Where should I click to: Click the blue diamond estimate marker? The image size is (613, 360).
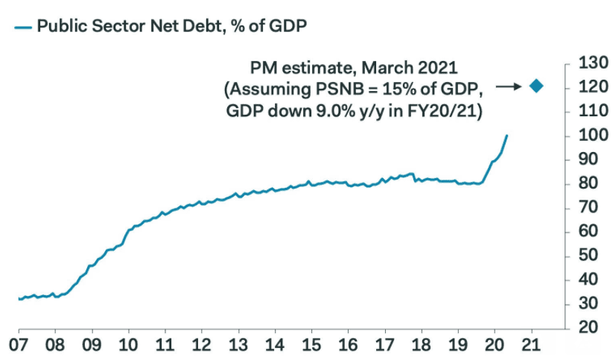tap(536, 86)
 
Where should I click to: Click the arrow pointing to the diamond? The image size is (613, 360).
tap(510, 86)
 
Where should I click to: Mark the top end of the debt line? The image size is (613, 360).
tap(507, 136)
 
